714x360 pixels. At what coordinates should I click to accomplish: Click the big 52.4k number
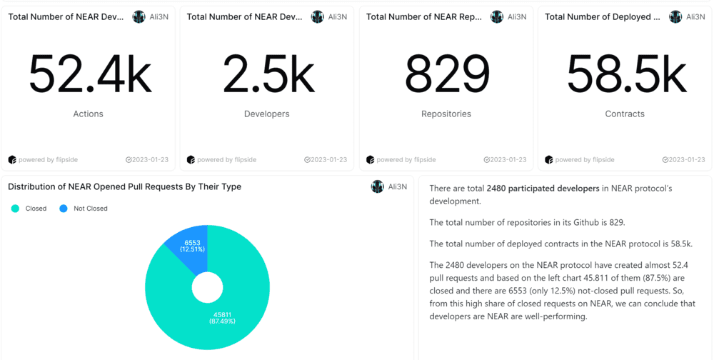tap(89, 74)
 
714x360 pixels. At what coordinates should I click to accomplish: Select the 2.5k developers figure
tap(267, 74)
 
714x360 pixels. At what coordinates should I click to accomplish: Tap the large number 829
tap(446, 74)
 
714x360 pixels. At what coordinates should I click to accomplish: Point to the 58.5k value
tap(625, 74)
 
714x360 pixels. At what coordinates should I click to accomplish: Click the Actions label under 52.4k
tap(88, 114)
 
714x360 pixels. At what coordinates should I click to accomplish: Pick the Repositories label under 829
tap(446, 114)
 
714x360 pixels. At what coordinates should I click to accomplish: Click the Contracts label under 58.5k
tap(625, 114)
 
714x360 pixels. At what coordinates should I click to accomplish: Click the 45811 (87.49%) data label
tap(221, 317)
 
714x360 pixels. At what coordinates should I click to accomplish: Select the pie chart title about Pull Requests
tap(124, 186)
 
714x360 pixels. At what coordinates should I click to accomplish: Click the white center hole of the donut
tap(207, 287)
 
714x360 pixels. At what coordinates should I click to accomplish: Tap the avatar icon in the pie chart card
tap(377, 186)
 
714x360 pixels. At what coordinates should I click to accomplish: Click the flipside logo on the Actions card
tap(12, 159)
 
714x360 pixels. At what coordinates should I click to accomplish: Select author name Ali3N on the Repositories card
tap(516, 16)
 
